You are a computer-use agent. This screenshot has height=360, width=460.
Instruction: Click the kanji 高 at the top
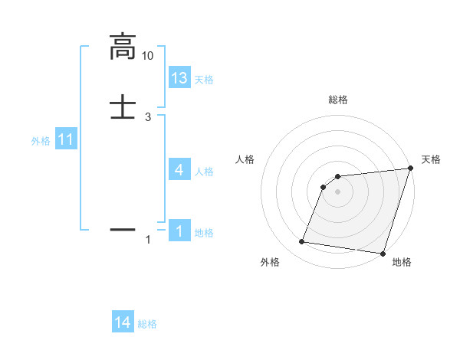(x=123, y=47)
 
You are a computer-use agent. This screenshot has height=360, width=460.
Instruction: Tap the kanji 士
(x=123, y=106)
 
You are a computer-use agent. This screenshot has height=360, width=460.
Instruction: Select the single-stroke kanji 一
(x=123, y=228)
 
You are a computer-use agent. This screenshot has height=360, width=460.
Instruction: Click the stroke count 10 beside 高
(x=148, y=56)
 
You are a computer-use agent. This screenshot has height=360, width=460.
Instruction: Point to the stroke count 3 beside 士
(x=148, y=116)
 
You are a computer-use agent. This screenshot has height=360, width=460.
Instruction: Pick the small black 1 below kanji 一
(x=148, y=241)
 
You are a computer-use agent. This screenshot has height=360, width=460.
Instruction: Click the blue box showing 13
(x=179, y=78)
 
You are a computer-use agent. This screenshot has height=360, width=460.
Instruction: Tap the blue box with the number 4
(x=179, y=170)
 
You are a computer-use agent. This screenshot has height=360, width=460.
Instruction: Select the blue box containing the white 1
(x=179, y=231)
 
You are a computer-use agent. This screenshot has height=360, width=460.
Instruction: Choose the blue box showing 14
(x=123, y=323)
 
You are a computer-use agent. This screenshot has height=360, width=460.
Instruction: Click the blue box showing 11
(x=66, y=140)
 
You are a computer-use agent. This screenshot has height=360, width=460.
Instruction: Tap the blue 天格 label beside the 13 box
(x=204, y=80)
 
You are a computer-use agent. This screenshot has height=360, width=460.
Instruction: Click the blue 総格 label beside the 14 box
(x=147, y=324)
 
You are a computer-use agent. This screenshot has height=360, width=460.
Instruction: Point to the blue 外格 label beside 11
(x=41, y=141)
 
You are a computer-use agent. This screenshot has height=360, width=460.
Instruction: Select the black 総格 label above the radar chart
(x=338, y=100)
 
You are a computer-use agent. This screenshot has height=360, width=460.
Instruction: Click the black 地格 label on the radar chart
(x=402, y=263)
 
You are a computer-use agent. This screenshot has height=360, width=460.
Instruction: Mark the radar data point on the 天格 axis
(x=410, y=169)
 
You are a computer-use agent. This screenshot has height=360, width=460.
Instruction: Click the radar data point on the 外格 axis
(x=302, y=242)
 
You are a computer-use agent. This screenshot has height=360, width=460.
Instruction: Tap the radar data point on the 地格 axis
(x=383, y=254)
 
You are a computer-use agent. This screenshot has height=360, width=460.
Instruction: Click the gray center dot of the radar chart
(x=338, y=191)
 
